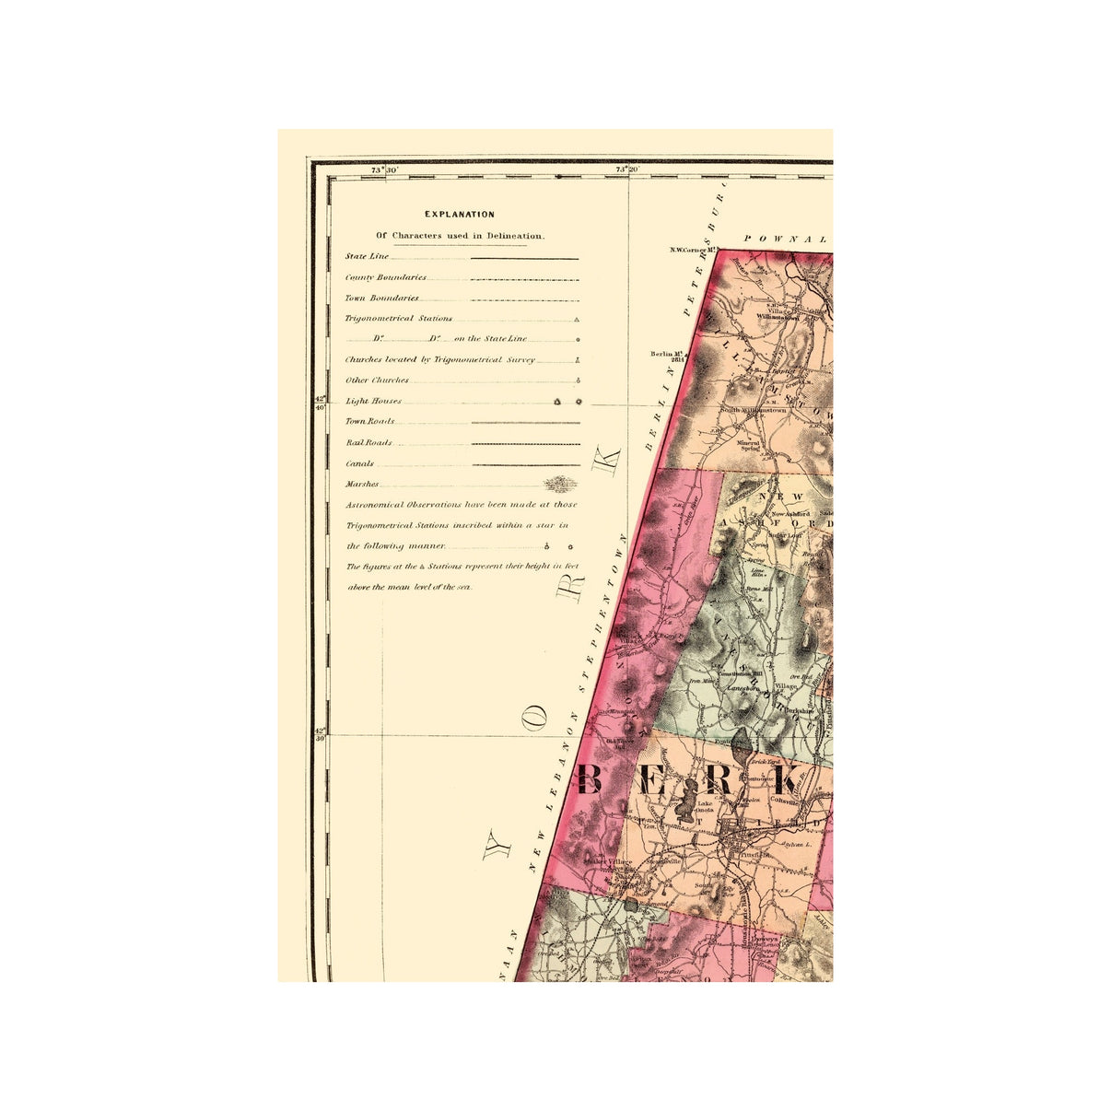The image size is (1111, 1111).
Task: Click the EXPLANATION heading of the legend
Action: pyautogui.click(x=459, y=215)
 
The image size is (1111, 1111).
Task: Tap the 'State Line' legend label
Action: pyautogui.click(x=367, y=256)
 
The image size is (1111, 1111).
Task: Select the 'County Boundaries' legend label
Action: pyautogui.click(x=385, y=277)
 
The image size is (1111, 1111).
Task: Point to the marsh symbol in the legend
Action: pyautogui.click(x=560, y=485)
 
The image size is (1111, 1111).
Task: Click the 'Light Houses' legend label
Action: pyautogui.click(x=373, y=402)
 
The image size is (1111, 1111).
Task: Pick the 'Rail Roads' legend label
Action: pyautogui.click(x=368, y=443)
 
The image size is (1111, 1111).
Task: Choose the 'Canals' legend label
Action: pyautogui.click(x=359, y=464)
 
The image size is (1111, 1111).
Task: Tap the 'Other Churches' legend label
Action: pyautogui.click(x=377, y=380)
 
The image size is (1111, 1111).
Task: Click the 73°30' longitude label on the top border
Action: pyautogui.click(x=384, y=170)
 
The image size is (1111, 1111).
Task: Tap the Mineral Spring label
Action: pyautogui.click(x=749, y=445)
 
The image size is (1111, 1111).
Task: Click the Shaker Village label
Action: pyautogui.click(x=609, y=861)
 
